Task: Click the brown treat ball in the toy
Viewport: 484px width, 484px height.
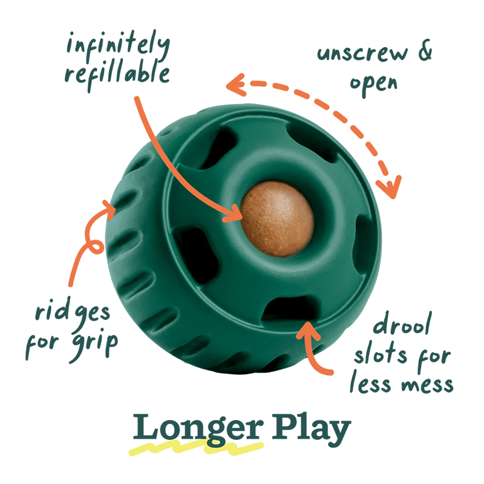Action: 277,219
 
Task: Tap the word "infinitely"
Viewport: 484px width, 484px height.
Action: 118,46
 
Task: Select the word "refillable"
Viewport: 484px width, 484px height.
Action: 117,76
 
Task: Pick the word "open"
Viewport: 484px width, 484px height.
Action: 373,83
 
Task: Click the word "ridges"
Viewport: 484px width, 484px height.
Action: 73,313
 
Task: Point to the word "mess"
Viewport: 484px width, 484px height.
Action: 427,385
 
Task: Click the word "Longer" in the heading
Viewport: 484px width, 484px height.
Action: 198,429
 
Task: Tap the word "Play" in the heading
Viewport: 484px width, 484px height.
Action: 311,428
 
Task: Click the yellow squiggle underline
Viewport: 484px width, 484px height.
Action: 196,448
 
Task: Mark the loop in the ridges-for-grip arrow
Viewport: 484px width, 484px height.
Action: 96,247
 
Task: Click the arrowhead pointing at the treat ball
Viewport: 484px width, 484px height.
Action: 234,213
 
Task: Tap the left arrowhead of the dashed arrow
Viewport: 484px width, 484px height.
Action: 236,85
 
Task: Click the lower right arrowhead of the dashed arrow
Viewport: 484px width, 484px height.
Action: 390,188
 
